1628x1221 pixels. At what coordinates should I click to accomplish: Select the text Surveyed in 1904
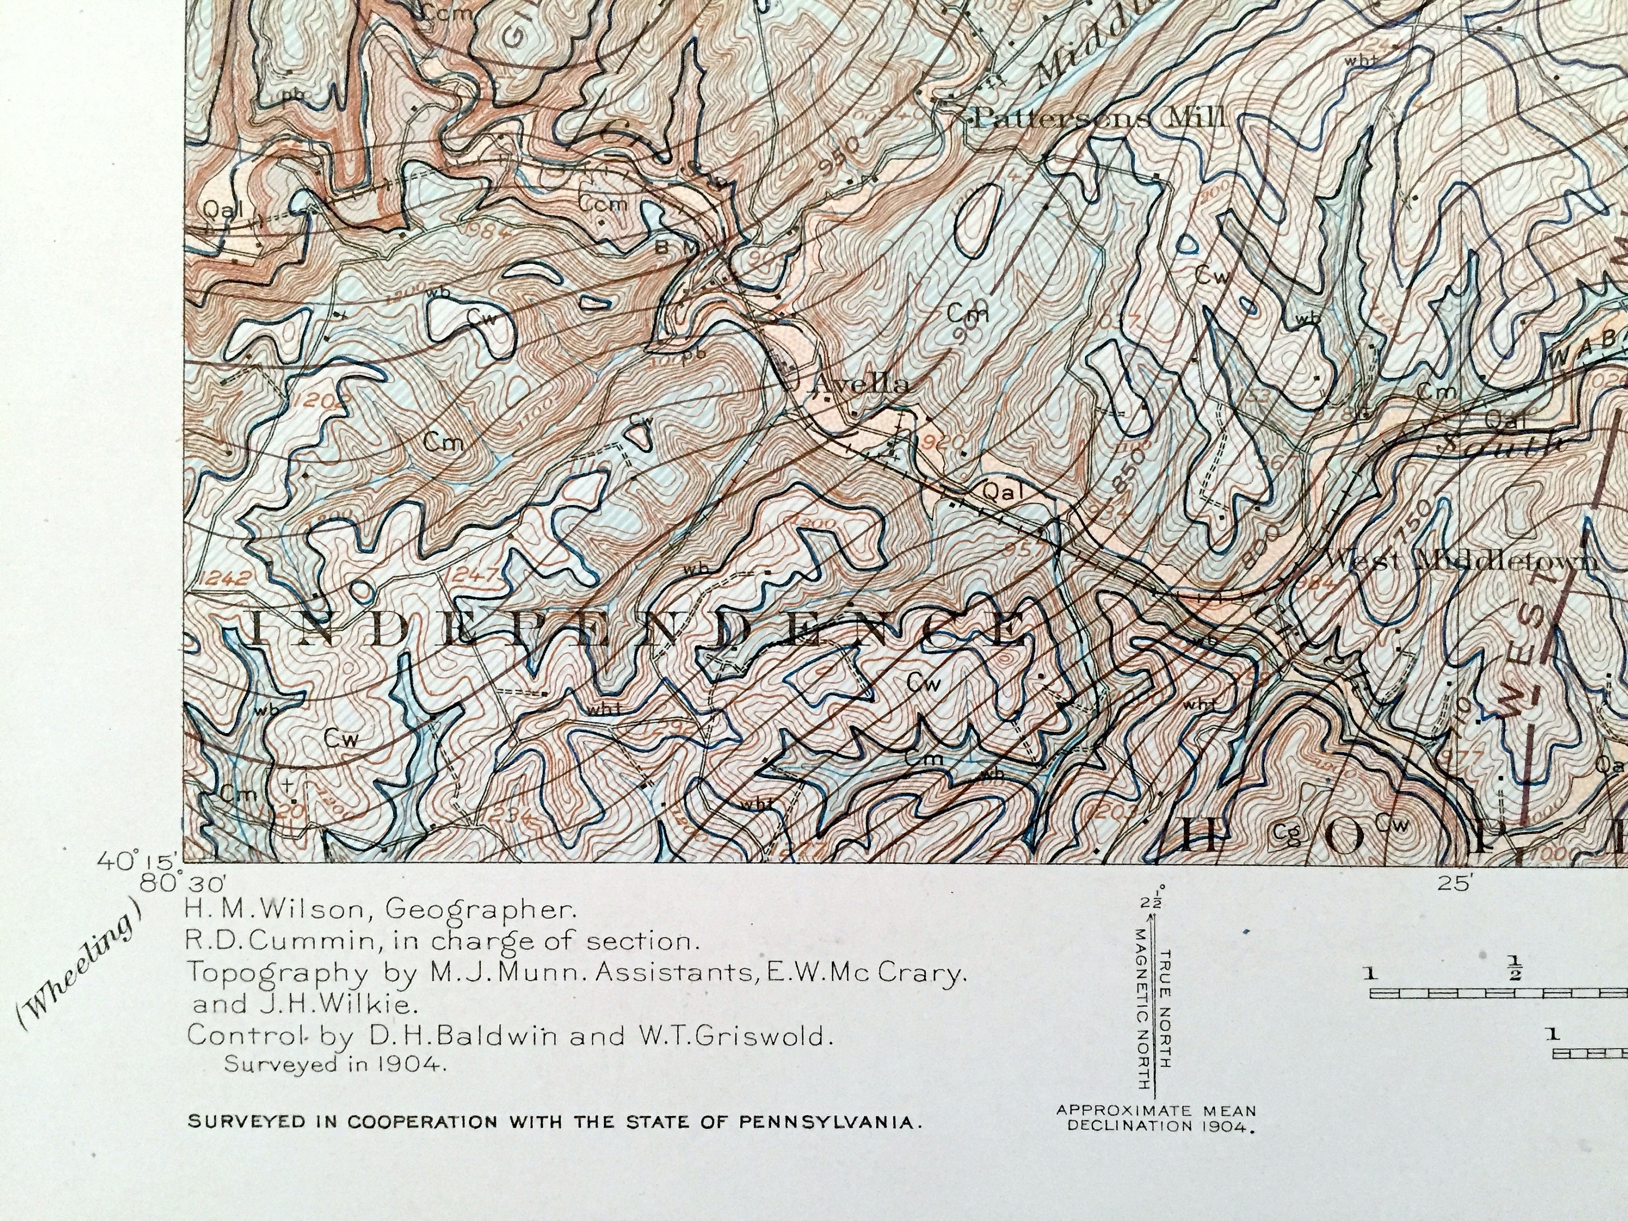tap(335, 1064)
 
